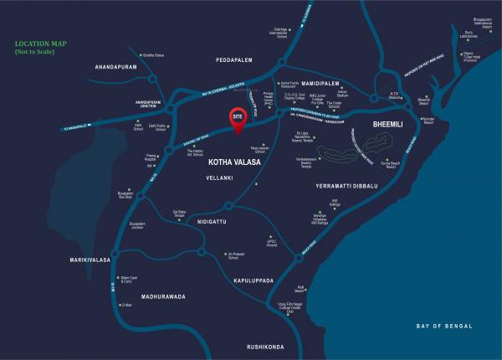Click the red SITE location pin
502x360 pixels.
point(238,120)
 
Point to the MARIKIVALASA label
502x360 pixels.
point(90,260)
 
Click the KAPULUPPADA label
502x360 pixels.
point(254,280)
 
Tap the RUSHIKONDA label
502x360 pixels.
point(266,346)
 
